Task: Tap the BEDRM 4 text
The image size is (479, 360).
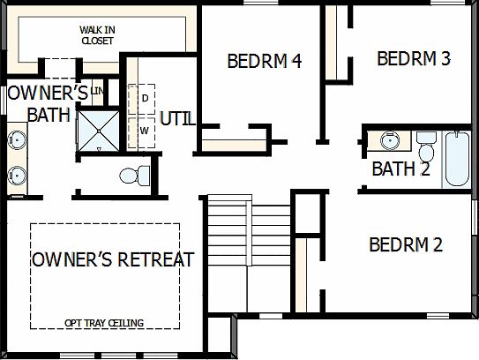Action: click(265, 62)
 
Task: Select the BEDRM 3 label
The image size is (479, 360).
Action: click(414, 59)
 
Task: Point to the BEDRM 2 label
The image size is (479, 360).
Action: click(406, 244)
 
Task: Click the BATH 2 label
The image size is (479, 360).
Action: click(400, 169)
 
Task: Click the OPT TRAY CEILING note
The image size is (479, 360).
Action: click(104, 323)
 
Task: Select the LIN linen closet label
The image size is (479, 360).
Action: click(97, 91)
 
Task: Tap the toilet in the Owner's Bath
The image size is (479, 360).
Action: click(131, 175)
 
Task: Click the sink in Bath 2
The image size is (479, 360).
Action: click(388, 140)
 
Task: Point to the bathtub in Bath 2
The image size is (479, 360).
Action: click(457, 159)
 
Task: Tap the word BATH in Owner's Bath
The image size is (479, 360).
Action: click(48, 115)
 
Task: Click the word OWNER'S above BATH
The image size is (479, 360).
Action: click(48, 93)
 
